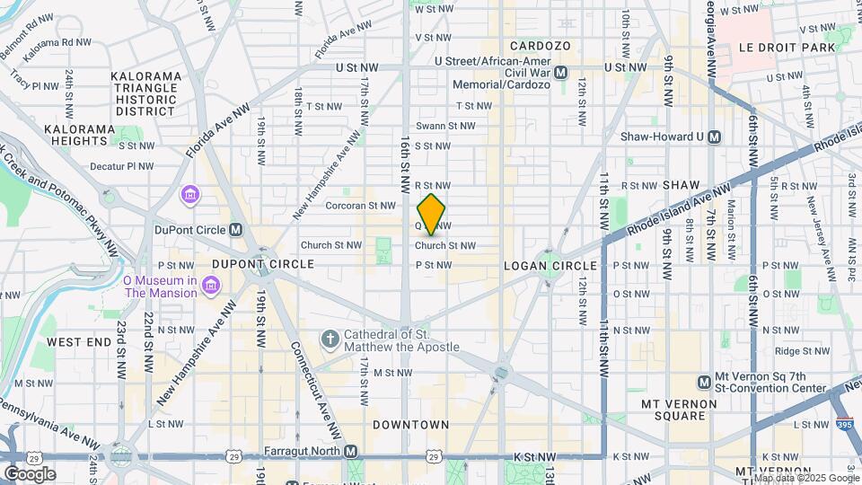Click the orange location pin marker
click(x=432, y=214)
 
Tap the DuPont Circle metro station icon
click(x=235, y=230)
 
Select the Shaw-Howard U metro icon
click(x=715, y=137)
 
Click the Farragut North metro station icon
click(x=350, y=451)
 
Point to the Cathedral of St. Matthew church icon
click(x=330, y=339)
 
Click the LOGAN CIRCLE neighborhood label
click(x=550, y=266)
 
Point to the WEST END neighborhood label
click(x=78, y=342)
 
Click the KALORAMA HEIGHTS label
click(x=80, y=135)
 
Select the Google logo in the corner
click(x=31, y=473)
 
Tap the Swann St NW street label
click(x=455, y=127)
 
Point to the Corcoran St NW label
click(x=374, y=206)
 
